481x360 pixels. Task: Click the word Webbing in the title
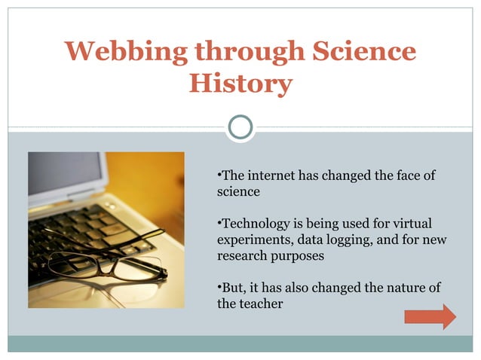(115, 51)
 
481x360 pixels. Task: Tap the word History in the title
(240, 83)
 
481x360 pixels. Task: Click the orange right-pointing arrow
(430, 316)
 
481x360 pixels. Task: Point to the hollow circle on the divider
(240, 127)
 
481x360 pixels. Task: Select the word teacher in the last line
(260, 304)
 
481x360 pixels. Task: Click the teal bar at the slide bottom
(240, 343)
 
